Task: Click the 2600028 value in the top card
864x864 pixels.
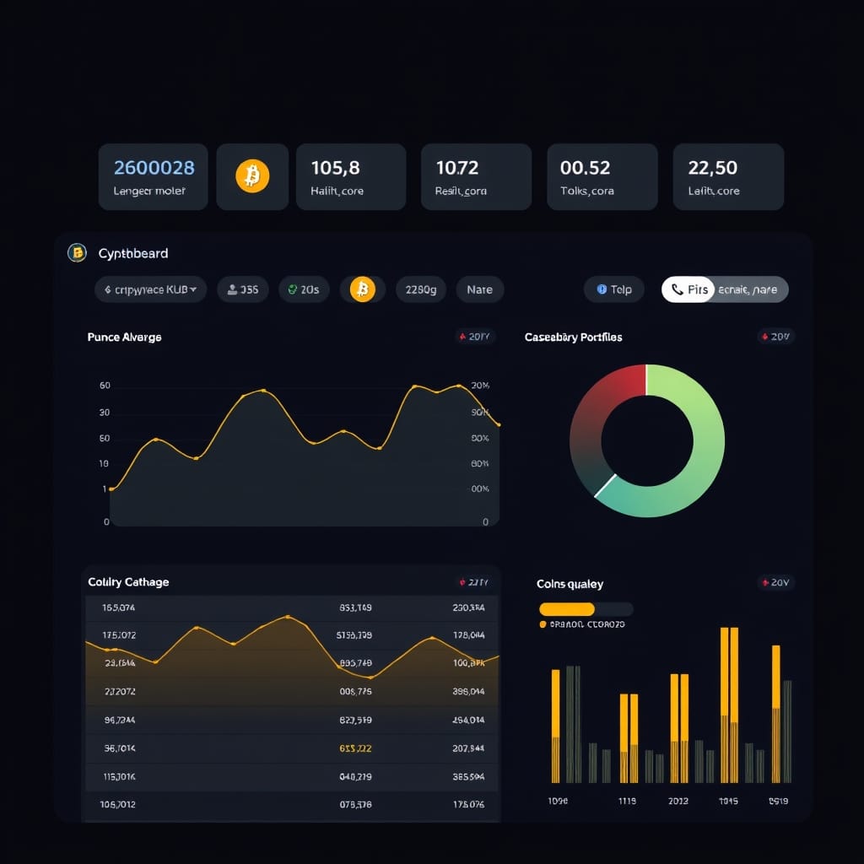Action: [154, 168]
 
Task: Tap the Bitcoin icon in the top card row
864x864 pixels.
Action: [252, 176]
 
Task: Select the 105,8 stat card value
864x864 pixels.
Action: [336, 168]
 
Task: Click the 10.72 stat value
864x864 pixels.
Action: [456, 168]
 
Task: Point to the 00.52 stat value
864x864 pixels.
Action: [585, 168]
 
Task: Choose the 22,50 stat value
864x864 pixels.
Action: [713, 168]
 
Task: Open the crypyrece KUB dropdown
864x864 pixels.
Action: [150, 289]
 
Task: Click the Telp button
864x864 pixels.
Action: [613, 289]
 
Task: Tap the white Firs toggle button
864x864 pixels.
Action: [688, 289]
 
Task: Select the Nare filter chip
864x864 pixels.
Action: [479, 289]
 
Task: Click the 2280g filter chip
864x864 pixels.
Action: [421, 289]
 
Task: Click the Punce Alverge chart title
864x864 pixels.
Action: [124, 337]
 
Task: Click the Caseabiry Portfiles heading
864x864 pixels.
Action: [573, 337]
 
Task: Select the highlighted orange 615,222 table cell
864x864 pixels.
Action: [355, 748]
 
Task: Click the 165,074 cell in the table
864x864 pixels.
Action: [118, 607]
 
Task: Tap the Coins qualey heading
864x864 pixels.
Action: [570, 584]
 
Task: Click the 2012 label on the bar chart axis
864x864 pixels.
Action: [679, 801]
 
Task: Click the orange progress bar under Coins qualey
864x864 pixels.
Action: [567, 609]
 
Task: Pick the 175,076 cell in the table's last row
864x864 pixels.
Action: [468, 804]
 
